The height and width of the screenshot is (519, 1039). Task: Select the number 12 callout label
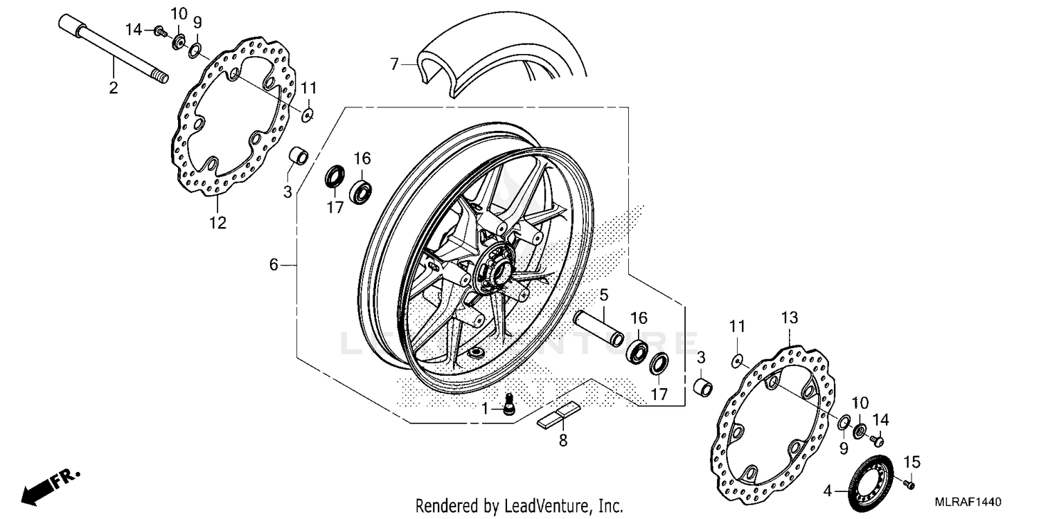click(217, 223)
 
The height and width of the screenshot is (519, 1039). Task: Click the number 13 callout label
click(790, 318)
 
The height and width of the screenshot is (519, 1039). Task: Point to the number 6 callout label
click(274, 264)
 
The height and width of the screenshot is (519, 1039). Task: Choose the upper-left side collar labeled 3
click(298, 155)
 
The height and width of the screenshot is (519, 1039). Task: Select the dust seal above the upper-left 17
click(335, 176)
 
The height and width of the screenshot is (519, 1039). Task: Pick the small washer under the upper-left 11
click(308, 113)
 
